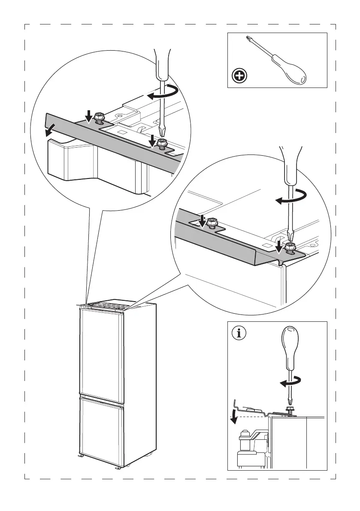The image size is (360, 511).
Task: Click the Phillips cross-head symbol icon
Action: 239,76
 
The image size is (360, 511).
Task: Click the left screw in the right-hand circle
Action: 211,223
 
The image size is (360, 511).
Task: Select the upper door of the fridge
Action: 101,352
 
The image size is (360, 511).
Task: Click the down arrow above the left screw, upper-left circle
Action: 88,115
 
